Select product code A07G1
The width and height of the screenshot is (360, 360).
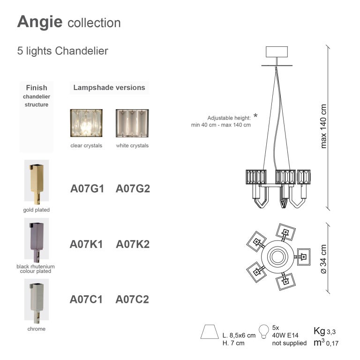pyautogui.click(x=87, y=189)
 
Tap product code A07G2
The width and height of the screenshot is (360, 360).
pyautogui.click(x=133, y=189)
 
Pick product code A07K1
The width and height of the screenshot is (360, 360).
pyautogui.click(x=86, y=244)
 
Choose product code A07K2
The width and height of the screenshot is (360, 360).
pyautogui.click(x=133, y=244)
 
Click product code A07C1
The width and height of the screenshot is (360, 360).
pyautogui.click(x=86, y=300)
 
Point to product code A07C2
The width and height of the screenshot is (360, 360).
pyautogui.click(x=132, y=300)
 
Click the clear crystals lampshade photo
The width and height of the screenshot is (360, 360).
pyautogui.click(x=86, y=123)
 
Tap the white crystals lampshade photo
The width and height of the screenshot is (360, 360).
pyautogui.click(x=132, y=123)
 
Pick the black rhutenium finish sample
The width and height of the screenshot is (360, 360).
pyautogui.click(x=36, y=239)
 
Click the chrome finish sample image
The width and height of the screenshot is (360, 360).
pyautogui.click(x=36, y=300)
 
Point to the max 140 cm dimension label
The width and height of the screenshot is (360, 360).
pyautogui.click(x=323, y=126)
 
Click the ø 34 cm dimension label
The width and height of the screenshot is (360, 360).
pyautogui.click(x=323, y=259)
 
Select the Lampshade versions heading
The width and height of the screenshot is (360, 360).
pyautogui.click(x=109, y=88)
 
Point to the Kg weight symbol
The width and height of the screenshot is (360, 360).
pyautogui.click(x=319, y=331)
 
